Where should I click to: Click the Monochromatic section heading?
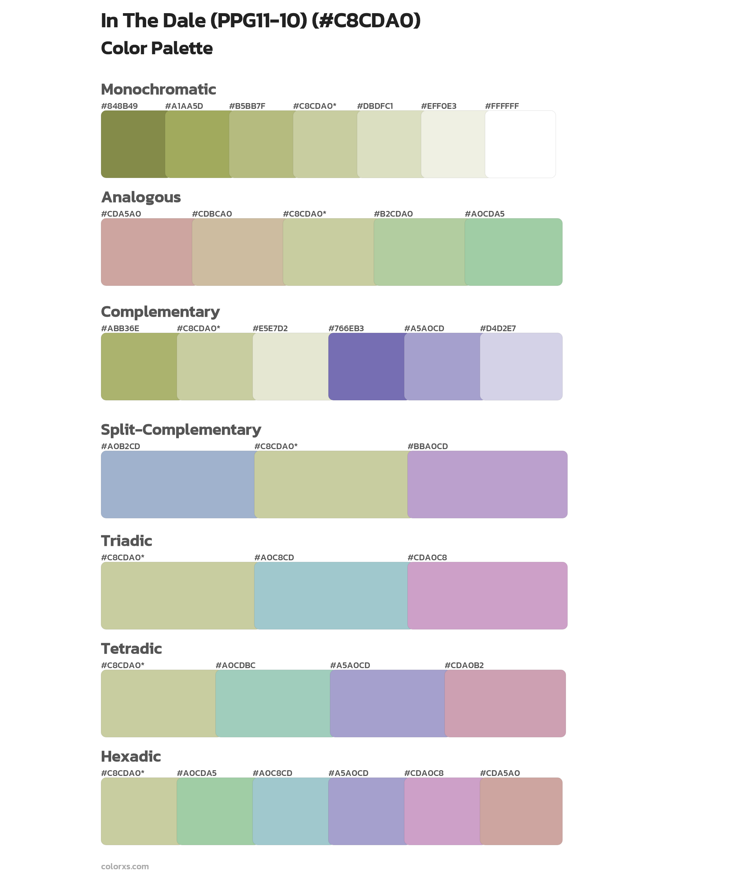pos(158,90)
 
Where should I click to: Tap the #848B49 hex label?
pos(119,106)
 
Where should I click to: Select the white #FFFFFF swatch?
pos(521,144)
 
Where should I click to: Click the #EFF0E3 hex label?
pos(439,106)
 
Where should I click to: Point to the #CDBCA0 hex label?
pos(212,214)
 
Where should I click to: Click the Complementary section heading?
pos(160,312)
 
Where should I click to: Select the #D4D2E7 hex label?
pos(498,328)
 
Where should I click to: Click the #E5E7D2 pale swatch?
pos(290,366)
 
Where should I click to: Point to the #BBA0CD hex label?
pos(428,446)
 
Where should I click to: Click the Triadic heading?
pos(126,541)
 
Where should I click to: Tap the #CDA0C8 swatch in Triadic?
pos(487,595)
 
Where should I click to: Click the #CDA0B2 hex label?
pos(464,665)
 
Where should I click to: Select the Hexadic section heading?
pos(131,756)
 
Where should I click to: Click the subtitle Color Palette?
pos(157,48)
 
